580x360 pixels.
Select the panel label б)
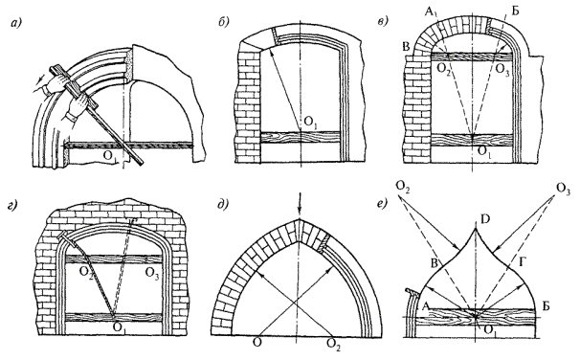pos(224,22)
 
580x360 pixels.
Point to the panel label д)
pos(223,204)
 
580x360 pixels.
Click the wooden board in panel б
pos(300,137)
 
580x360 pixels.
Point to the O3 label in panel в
pos(502,69)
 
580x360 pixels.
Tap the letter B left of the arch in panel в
pos(407,47)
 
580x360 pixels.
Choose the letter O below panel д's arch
pos(257,342)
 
